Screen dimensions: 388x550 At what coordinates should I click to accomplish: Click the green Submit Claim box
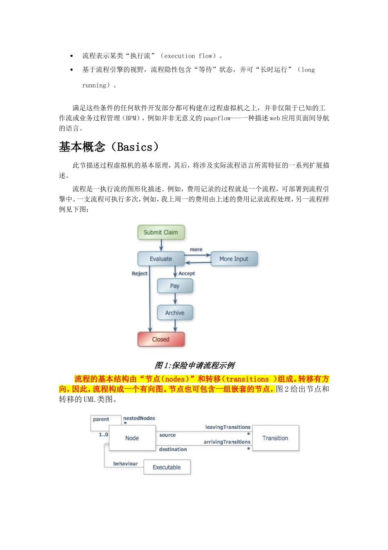tap(161, 232)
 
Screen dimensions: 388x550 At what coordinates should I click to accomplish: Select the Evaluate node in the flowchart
tap(161, 259)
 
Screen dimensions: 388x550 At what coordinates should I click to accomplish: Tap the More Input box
tap(234, 259)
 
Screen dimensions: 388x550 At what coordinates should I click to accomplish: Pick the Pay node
tap(175, 286)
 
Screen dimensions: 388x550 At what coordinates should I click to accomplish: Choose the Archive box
tap(175, 313)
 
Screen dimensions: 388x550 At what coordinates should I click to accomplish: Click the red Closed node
tap(161, 339)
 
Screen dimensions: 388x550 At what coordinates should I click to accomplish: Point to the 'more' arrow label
tap(196, 249)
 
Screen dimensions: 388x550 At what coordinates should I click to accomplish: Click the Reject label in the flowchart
tap(139, 273)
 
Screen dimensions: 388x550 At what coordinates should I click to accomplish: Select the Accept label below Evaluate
tap(187, 273)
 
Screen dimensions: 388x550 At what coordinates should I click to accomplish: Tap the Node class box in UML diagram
tap(132, 438)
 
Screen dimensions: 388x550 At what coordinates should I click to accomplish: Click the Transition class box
tap(275, 438)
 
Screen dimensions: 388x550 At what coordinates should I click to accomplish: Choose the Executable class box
tap(167, 467)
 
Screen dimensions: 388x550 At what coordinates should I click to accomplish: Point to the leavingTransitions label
tap(227, 427)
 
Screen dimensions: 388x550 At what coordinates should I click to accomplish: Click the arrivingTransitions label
tap(227, 442)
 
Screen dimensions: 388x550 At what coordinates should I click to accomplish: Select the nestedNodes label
tap(139, 418)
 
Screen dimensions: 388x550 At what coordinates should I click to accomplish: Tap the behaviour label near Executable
tap(125, 464)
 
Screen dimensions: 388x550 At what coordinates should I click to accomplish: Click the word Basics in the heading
tap(134, 147)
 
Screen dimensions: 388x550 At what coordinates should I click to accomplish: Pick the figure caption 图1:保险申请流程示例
tap(194, 365)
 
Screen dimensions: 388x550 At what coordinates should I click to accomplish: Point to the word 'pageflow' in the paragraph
tap(217, 118)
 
